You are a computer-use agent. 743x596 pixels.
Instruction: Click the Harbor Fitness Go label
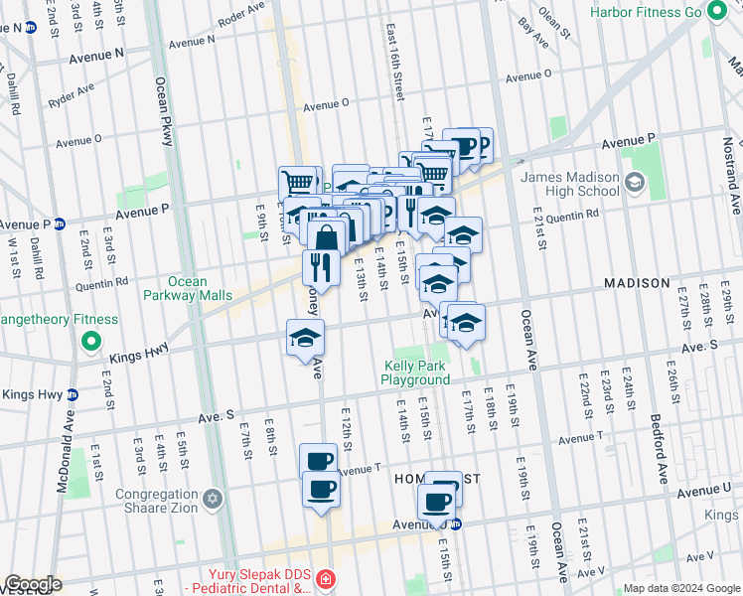click(645, 13)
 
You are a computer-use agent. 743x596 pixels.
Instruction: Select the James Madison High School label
click(570, 184)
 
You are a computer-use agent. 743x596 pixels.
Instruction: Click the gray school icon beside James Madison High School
click(635, 183)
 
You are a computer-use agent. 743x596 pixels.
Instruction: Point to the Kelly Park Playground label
click(417, 372)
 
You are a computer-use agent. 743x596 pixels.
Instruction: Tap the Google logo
click(33, 584)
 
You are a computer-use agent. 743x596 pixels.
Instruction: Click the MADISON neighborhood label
click(637, 283)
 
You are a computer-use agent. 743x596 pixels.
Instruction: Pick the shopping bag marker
click(327, 238)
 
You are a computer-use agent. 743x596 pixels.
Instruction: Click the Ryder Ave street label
click(72, 96)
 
